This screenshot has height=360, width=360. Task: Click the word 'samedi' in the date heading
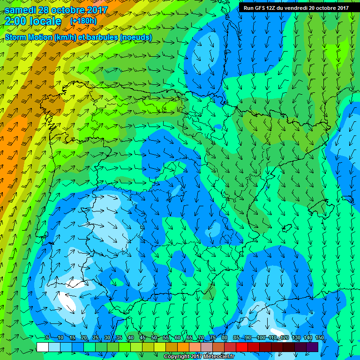click(x=21, y=10)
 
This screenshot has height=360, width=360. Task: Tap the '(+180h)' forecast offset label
click(x=84, y=21)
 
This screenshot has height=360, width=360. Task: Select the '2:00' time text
click(x=17, y=21)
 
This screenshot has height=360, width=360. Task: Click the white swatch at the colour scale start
click(x=42, y=347)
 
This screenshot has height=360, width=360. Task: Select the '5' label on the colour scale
click(x=47, y=338)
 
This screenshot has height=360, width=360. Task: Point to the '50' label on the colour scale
click(x=154, y=338)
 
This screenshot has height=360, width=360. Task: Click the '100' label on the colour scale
click(x=261, y=338)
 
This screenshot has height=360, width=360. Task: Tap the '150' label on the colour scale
click(x=320, y=338)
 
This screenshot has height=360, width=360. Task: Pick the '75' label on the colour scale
click(x=213, y=338)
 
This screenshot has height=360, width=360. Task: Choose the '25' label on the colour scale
click(x=95, y=338)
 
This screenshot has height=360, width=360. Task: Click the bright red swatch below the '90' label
click(x=241, y=347)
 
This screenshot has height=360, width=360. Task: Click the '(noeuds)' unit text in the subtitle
click(x=135, y=37)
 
